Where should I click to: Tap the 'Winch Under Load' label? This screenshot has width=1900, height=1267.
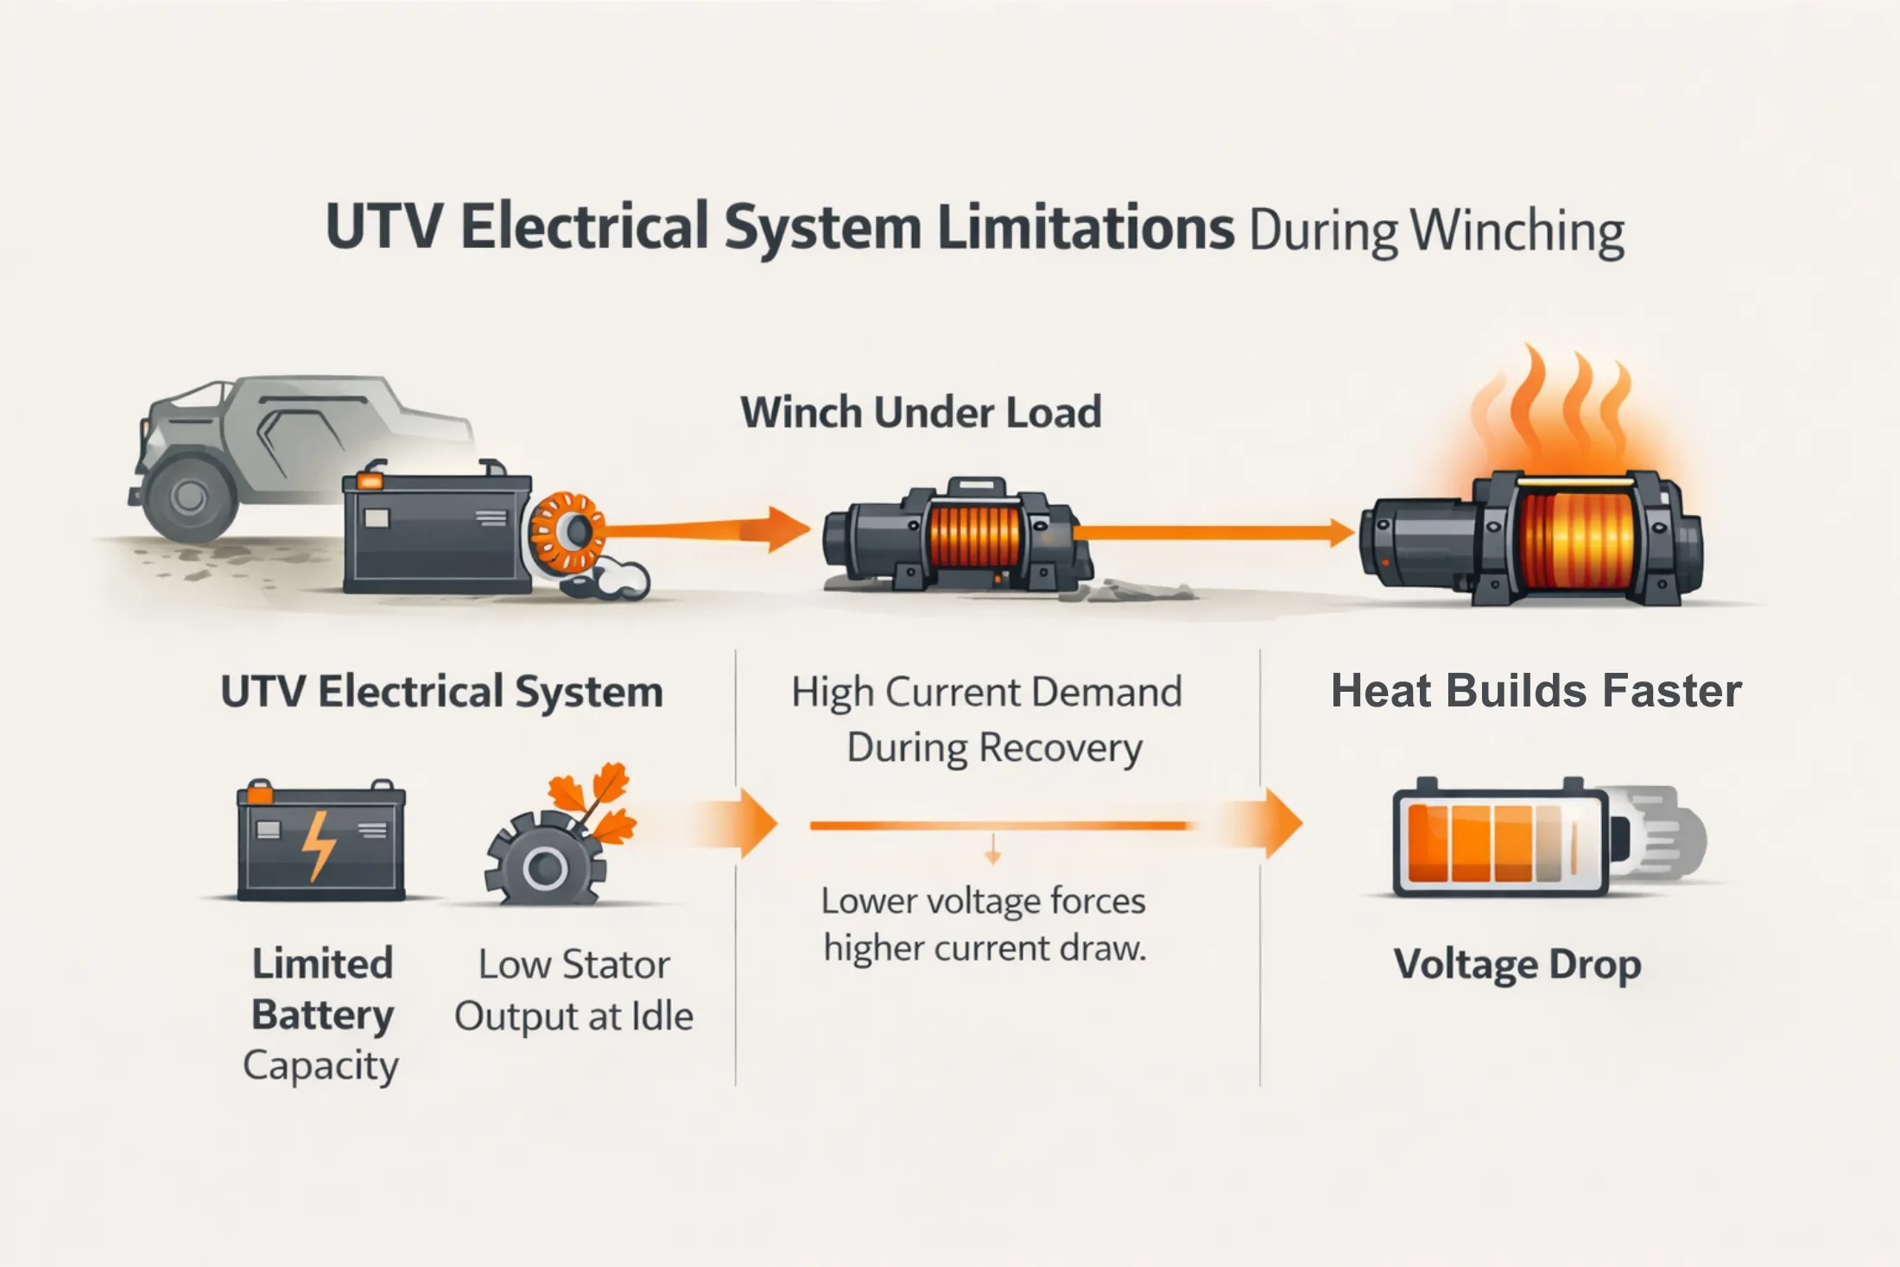tap(921, 412)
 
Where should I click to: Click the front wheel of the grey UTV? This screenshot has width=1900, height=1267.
tap(189, 496)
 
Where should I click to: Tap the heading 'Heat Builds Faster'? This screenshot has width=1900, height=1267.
tap(1536, 691)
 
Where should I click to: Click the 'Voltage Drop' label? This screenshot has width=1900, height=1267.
tap(1517, 965)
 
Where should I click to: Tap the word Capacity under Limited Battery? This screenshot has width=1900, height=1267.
tap(320, 1066)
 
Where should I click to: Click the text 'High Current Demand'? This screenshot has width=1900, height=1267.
tap(986, 693)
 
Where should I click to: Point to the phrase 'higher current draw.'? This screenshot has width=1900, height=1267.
tap(985, 948)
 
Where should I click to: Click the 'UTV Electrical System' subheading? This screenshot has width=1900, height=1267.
tap(441, 692)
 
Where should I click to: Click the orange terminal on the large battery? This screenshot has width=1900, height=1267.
tap(371, 478)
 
